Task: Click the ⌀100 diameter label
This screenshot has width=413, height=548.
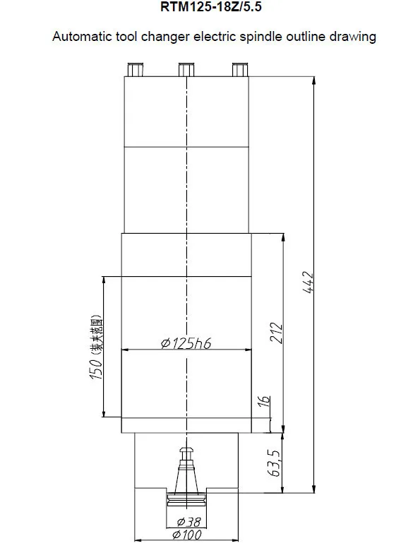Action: [x=186, y=536]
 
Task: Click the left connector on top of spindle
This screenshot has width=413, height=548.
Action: [x=136, y=69]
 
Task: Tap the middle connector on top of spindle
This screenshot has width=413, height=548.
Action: [x=186, y=69]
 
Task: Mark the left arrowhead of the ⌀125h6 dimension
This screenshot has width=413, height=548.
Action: [x=126, y=349]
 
